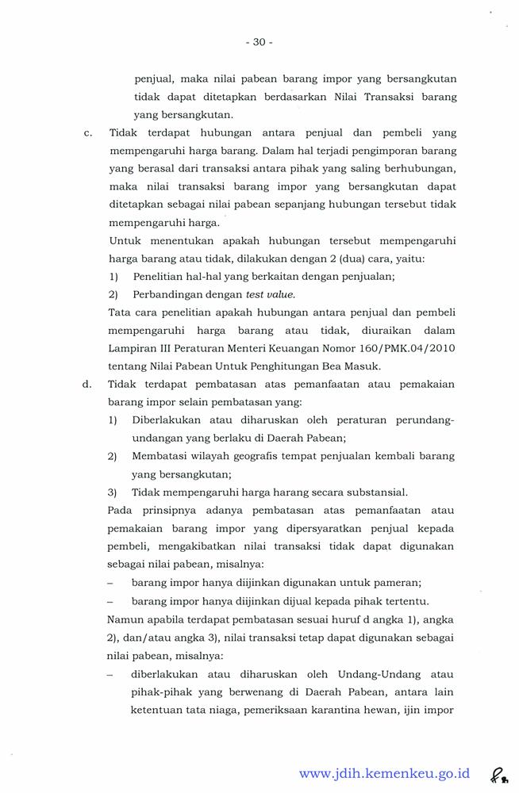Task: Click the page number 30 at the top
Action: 259,42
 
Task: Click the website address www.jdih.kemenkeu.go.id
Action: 384,773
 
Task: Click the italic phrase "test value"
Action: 271,294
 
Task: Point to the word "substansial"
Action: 372,492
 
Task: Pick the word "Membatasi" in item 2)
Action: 161,456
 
